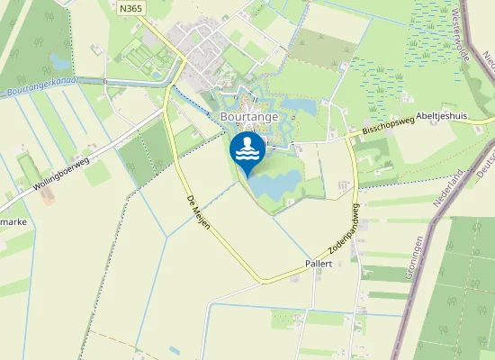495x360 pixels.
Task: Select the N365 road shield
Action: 130,6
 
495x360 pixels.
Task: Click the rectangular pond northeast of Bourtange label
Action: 301,105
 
